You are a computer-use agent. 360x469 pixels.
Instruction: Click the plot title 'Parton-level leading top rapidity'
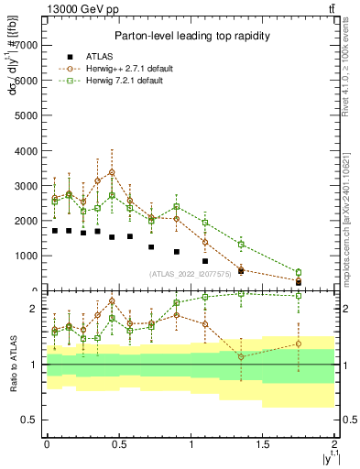tap(190, 36)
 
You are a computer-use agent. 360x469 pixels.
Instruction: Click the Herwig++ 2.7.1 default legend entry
tap(137, 68)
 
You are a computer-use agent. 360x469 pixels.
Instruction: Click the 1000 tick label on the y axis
tap(28, 256)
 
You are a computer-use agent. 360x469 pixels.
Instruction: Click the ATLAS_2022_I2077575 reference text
tap(189, 274)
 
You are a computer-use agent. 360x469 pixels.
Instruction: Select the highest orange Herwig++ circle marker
tap(112, 172)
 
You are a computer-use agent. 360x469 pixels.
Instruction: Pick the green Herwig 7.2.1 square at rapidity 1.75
tap(299, 272)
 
